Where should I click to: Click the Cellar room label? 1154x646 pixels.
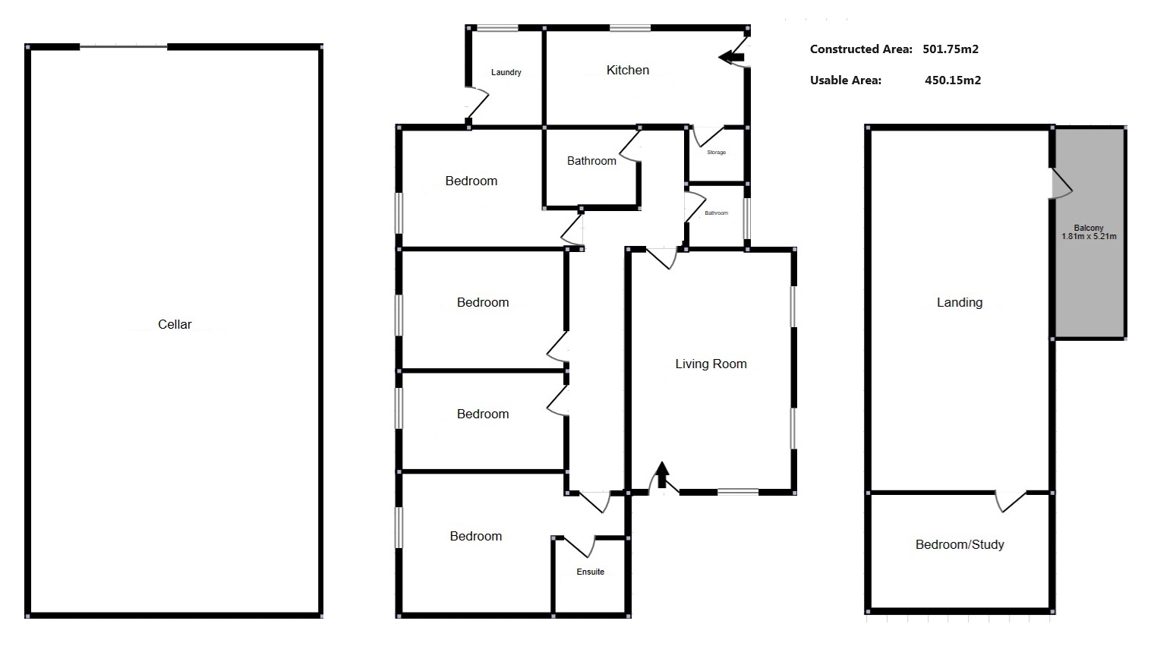(x=175, y=324)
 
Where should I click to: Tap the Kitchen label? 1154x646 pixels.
(x=628, y=70)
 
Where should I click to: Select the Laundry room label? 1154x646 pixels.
(x=506, y=73)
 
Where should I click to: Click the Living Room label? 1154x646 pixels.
(x=711, y=364)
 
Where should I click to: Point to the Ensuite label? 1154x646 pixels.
(x=590, y=572)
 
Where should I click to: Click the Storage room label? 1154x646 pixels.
(x=716, y=153)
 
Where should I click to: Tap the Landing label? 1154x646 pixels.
(x=959, y=302)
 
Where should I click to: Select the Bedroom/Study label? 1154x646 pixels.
(x=959, y=544)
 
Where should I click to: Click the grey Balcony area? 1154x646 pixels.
(x=1089, y=281)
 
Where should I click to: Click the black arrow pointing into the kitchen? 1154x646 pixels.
(x=732, y=56)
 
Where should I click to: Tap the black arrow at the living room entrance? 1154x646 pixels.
(x=662, y=474)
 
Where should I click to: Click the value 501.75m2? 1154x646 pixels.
(x=951, y=49)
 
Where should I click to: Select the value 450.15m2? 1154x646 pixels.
(x=952, y=80)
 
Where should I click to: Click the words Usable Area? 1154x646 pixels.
(x=845, y=80)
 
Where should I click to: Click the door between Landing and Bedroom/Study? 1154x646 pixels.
(x=1011, y=501)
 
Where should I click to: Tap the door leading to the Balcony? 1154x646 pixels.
(x=1061, y=183)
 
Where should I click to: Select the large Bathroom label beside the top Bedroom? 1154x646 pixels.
(x=591, y=161)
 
